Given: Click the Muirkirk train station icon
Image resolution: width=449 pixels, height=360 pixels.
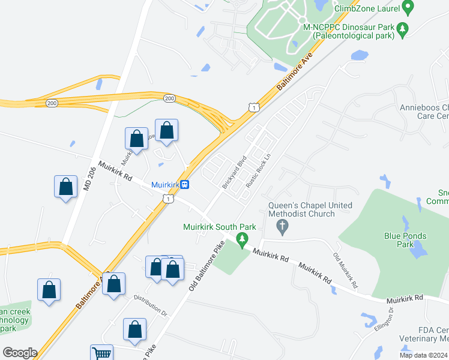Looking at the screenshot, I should [x=185, y=185].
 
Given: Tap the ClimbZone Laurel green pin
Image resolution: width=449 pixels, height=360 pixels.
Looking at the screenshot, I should [x=409, y=8].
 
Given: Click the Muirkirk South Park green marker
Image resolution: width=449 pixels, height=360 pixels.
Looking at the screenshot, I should [x=243, y=240].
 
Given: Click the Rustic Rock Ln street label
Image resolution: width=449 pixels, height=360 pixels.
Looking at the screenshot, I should [x=256, y=172].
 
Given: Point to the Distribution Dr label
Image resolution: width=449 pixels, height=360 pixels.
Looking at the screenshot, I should [x=150, y=305].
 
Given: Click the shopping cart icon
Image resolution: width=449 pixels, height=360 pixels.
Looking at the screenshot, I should [x=101, y=353].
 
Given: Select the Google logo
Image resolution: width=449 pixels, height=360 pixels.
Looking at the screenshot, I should [x=20, y=353].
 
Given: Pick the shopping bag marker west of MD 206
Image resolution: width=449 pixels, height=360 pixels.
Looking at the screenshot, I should [x=65, y=187].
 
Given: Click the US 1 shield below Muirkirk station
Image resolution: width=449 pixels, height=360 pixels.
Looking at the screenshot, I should [x=170, y=199].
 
